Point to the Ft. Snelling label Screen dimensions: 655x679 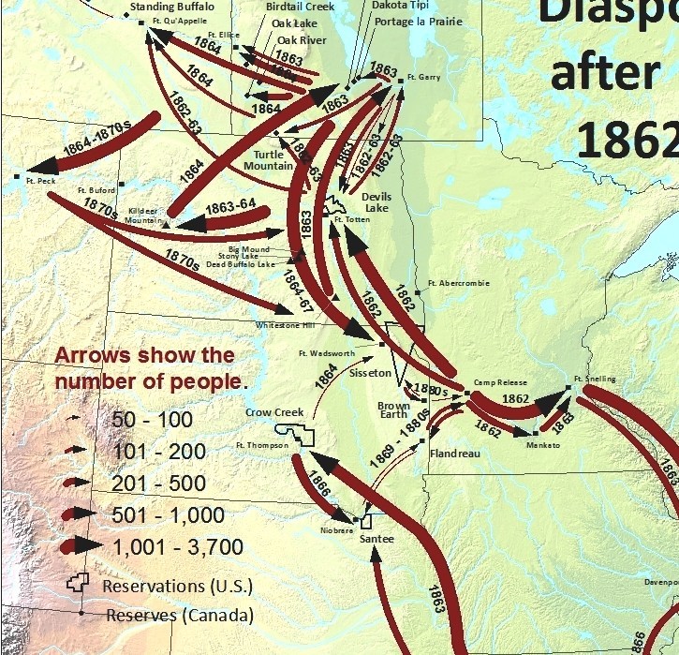(x=596, y=379)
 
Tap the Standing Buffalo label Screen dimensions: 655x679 (x=171, y=7)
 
